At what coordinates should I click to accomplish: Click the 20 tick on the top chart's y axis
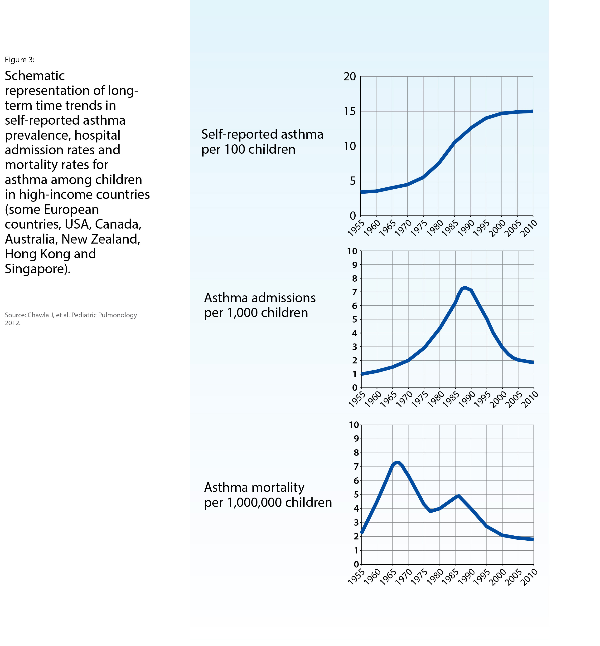point(349,77)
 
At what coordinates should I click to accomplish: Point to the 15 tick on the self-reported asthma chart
point(349,111)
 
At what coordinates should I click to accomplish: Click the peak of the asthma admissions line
point(465,287)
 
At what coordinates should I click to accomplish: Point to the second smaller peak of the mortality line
point(458,496)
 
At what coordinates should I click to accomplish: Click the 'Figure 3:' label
point(20,60)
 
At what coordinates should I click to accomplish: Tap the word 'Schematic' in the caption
point(35,76)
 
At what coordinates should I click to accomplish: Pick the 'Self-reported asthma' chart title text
point(262,134)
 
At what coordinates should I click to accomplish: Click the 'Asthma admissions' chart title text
point(260,298)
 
